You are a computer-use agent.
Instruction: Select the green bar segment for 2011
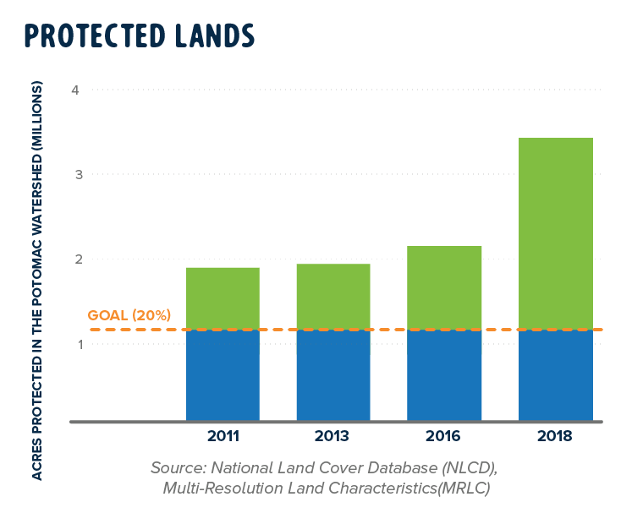[x=223, y=297]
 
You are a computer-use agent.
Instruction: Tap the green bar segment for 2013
[x=332, y=296]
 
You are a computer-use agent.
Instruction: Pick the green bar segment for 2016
[x=444, y=287]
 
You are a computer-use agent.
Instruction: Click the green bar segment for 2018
[x=555, y=232]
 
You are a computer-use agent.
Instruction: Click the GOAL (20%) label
[x=129, y=316]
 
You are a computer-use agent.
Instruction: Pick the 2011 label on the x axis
[x=223, y=437]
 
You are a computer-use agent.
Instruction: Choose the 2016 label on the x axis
[x=444, y=437]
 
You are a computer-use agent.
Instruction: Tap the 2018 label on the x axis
[x=555, y=437]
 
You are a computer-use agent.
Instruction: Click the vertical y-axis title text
[x=36, y=279]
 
